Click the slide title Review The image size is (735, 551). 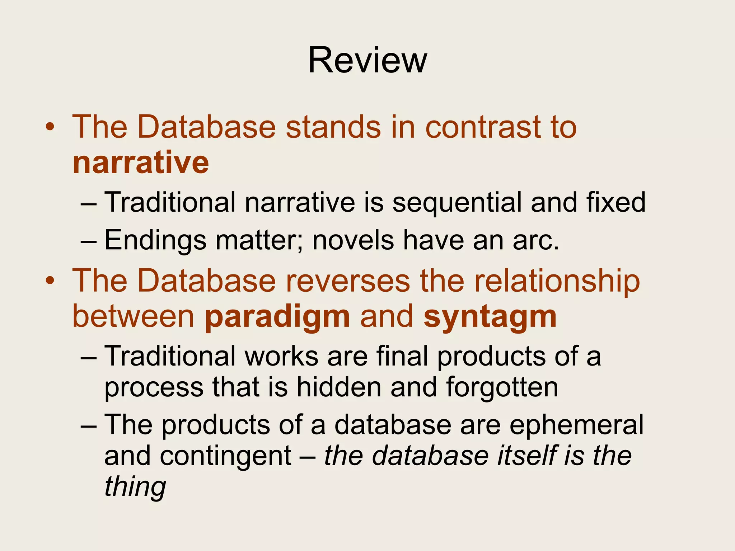pos(367,60)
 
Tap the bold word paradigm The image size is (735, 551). pos(277,317)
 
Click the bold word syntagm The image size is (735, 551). pos(490,317)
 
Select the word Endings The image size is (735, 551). pos(155,240)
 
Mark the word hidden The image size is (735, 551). pos(338,387)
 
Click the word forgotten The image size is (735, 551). pos(502,387)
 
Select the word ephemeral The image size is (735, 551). pos(576,425)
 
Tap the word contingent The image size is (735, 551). pos(225,456)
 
